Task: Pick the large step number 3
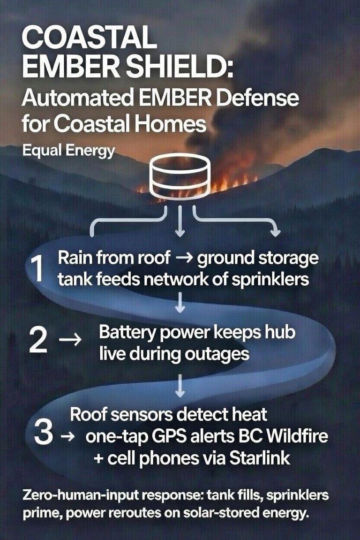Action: pos(43,434)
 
